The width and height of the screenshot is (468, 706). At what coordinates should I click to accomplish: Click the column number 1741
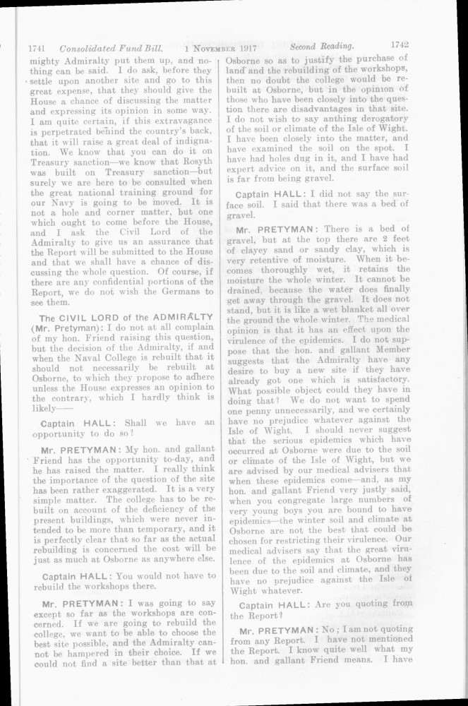pos(36,49)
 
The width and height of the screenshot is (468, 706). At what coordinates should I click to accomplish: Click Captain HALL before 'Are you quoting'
pos(272,605)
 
